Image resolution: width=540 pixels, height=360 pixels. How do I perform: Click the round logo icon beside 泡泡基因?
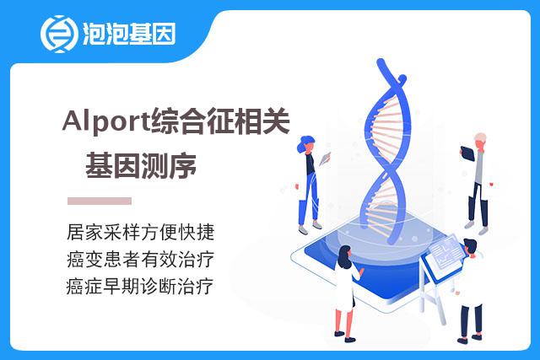(58, 34)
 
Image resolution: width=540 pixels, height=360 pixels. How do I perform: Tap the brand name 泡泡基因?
(129, 34)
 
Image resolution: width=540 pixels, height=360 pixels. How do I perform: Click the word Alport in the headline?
(105, 122)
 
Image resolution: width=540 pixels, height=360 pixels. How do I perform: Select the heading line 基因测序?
(141, 166)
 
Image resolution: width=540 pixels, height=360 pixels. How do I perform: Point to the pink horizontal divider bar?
(100, 201)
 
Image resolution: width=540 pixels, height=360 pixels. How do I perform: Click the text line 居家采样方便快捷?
(141, 232)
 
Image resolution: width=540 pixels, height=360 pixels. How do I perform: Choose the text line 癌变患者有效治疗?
(141, 259)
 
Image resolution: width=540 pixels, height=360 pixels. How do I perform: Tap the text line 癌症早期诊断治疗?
(140, 286)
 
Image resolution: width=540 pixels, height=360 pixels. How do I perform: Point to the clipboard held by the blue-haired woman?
(325, 159)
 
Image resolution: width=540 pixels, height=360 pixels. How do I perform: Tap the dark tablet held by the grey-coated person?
(467, 153)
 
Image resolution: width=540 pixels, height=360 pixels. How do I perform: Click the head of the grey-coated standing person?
(480, 141)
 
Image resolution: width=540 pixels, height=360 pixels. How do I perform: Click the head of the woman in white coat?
(344, 256)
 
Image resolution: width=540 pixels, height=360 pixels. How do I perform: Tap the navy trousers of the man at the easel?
(471, 320)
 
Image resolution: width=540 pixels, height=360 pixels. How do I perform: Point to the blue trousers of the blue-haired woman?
(310, 200)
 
